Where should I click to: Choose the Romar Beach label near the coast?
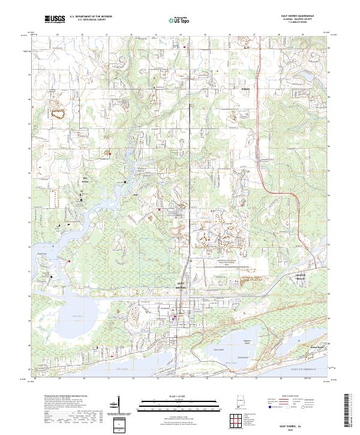315,346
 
